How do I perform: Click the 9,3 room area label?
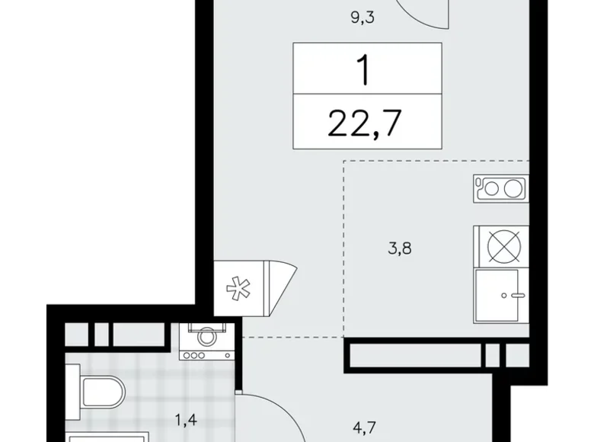(x=362, y=18)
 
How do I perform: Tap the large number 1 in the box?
(x=364, y=69)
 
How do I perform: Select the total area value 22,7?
(x=365, y=123)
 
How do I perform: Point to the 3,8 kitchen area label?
(x=400, y=248)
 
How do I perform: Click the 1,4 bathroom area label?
(x=186, y=420)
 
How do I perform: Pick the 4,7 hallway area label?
(x=364, y=428)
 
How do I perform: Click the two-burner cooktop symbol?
(x=501, y=188)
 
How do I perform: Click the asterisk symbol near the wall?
(x=238, y=289)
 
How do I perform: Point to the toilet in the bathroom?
(x=95, y=392)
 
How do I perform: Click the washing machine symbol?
(x=207, y=341)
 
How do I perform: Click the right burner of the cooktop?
(x=513, y=188)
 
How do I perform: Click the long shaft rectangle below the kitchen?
(x=415, y=356)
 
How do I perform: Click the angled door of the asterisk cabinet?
(x=283, y=288)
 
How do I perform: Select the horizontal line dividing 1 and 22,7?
(x=367, y=94)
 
